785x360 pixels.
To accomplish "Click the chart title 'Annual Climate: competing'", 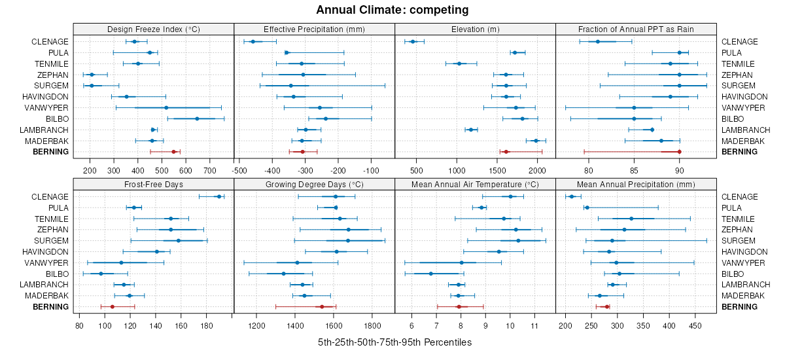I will (x=392, y=10).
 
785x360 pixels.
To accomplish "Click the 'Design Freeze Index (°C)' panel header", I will (x=153, y=29).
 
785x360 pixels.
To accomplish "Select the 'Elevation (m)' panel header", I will (x=475, y=29).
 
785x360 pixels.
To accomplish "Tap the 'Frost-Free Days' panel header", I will (x=153, y=184).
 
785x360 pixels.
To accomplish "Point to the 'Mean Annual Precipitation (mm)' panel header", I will (x=636, y=184).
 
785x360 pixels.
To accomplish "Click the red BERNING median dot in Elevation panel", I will (x=506, y=152).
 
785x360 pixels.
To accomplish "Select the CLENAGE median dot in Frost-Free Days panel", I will (x=218, y=196).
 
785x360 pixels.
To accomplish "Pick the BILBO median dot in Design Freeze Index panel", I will (x=197, y=118).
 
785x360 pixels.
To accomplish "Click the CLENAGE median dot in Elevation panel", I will (x=413, y=42).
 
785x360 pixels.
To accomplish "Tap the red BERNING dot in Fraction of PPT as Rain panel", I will (x=680, y=152).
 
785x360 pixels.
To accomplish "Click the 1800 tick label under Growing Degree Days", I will (x=372, y=326).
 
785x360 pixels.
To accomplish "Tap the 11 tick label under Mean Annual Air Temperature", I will (x=534, y=326).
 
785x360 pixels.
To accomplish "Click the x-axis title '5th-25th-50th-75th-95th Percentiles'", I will (x=394, y=342).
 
